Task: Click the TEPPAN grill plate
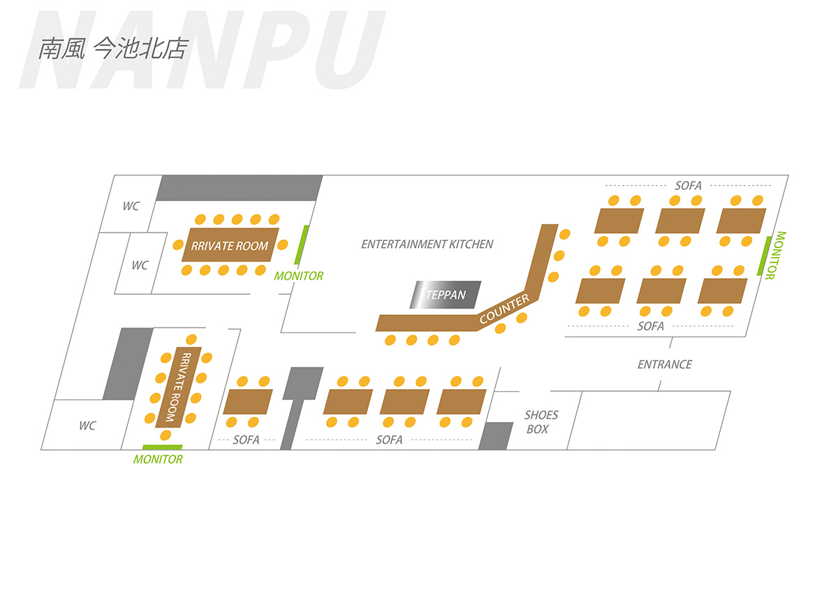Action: [445, 295]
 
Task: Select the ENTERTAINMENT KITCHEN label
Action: [427, 244]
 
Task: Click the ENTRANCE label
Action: [664, 365]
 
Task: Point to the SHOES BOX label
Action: [541, 422]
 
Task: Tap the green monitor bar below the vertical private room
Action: [162, 447]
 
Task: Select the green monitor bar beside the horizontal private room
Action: [303, 244]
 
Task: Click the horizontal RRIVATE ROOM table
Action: [230, 245]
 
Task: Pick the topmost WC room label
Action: [131, 206]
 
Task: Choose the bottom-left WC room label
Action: [87, 426]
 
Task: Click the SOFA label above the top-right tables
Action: [688, 186]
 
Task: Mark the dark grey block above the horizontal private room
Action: [240, 188]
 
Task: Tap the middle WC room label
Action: [140, 265]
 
